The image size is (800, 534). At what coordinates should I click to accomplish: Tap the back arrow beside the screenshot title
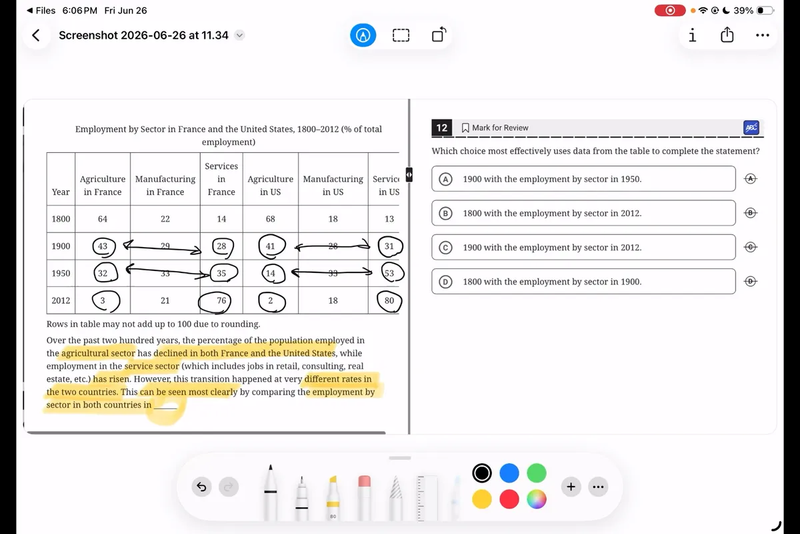[x=36, y=35]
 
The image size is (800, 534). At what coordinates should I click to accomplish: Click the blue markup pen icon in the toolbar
[x=363, y=35]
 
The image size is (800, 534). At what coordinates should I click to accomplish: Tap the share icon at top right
[x=727, y=35]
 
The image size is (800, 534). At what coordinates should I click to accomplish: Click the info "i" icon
[x=693, y=35]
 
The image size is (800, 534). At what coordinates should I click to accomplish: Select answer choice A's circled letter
[x=445, y=179]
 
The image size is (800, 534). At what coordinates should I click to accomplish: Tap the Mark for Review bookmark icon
[x=465, y=127]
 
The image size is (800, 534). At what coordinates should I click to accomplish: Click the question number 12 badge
[x=442, y=127]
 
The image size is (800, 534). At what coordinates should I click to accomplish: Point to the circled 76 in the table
[x=215, y=302]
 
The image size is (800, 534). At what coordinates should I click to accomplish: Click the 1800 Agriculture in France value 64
[x=103, y=218]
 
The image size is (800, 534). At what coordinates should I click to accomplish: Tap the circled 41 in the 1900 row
[x=272, y=246]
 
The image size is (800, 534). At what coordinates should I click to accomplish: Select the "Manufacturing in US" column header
[x=333, y=186]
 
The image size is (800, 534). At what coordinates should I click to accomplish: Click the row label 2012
[x=61, y=300]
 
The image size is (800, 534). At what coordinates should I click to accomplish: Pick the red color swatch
[x=509, y=499]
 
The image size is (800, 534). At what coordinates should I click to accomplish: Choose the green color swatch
[x=537, y=473]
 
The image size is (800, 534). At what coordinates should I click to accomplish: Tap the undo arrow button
[x=201, y=487]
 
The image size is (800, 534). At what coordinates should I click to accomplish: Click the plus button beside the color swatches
[x=571, y=487]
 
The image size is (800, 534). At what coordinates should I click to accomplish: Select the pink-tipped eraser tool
[x=364, y=497]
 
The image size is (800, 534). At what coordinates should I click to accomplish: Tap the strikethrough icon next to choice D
[x=751, y=282]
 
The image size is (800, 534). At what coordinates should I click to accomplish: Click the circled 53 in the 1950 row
[x=393, y=273]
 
